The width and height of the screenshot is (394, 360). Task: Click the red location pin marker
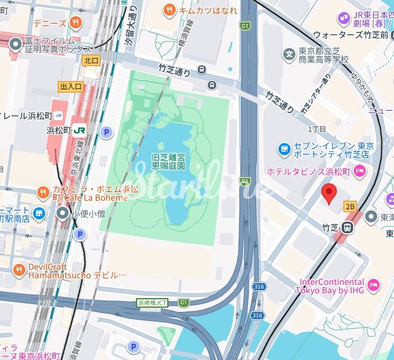[x=328, y=194]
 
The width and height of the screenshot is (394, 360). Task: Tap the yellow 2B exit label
[x=351, y=207]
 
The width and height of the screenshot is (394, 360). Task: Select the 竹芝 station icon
[x=347, y=228]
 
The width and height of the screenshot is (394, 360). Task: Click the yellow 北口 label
[x=91, y=60]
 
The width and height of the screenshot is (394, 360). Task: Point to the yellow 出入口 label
[x=70, y=87]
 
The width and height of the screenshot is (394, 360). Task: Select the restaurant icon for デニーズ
[x=76, y=23]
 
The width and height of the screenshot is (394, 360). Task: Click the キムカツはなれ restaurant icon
[x=170, y=10]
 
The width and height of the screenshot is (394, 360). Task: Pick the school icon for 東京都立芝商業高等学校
[x=290, y=55]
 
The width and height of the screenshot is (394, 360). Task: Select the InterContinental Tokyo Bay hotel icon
[x=372, y=283]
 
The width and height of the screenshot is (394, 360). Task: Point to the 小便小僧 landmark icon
[x=63, y=213]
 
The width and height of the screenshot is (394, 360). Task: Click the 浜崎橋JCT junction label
[x=152, y=302]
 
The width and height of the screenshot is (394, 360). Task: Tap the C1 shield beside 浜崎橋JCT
[x=183, y=302]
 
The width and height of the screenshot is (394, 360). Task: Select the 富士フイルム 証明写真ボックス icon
[x=15, y=43]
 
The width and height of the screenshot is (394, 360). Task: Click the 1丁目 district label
[x=316, y=129]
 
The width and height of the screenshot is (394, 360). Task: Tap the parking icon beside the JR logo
[x=106, y=132]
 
